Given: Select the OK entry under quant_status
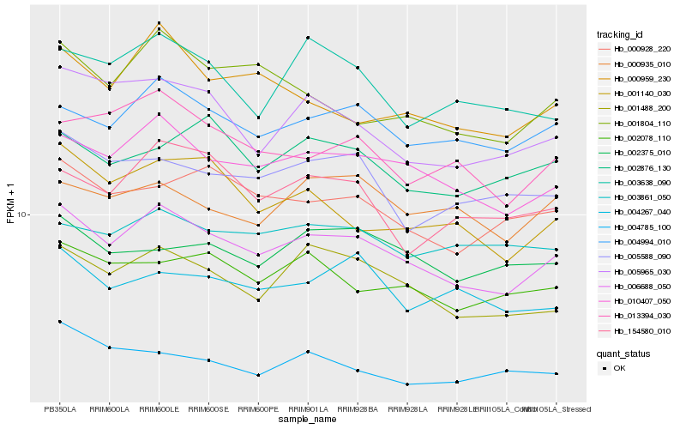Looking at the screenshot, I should coord(630,367).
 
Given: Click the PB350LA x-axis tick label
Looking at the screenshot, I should coord(59,409).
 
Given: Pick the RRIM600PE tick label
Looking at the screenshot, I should coord(257,409).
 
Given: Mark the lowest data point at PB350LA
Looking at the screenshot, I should coord(59,322).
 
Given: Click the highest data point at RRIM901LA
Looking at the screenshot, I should coord(307,38).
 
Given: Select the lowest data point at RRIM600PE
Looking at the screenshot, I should coord(257,375).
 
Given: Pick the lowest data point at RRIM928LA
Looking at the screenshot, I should coord(406,384).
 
